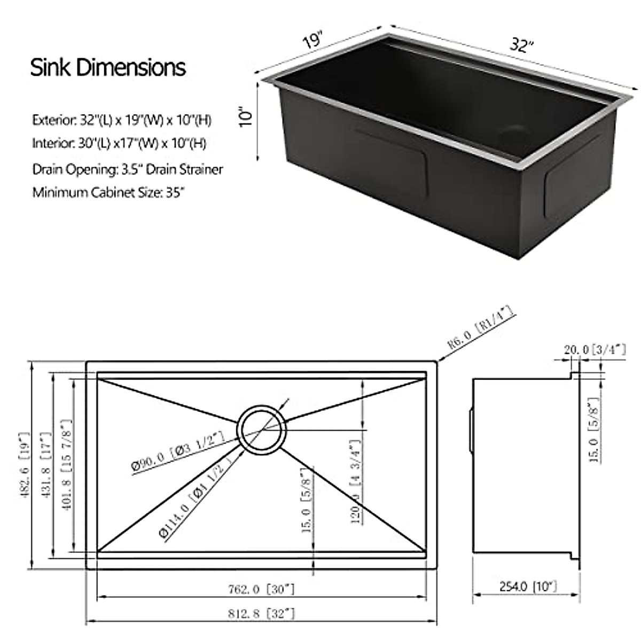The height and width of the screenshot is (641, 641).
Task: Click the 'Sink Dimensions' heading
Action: [x=108, y=68]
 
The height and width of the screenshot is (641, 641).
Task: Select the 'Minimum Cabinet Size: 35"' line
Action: [x=108, y=192]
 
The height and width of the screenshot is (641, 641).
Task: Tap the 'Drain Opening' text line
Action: [x=128, y=169]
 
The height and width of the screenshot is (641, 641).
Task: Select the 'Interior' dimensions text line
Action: [x=119, y=144]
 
